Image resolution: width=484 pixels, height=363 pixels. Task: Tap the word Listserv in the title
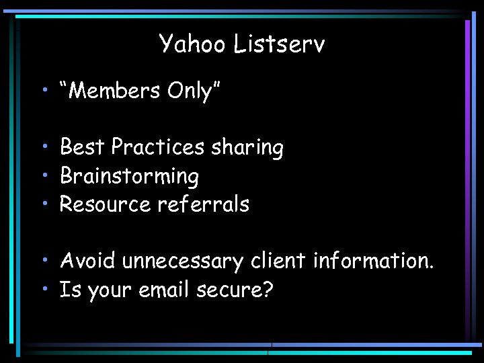(x=280, y=44)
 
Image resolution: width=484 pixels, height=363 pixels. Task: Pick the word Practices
(x=157, y=147)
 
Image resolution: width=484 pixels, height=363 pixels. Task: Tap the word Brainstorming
(x=129, y=176)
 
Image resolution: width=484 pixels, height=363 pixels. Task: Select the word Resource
(x=106, y=204)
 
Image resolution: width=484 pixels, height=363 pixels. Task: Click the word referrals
(x=203, y=204)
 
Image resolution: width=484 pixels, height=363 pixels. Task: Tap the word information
(x=373, y=260)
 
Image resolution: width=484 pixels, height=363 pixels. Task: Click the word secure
(x=231, y=290)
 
